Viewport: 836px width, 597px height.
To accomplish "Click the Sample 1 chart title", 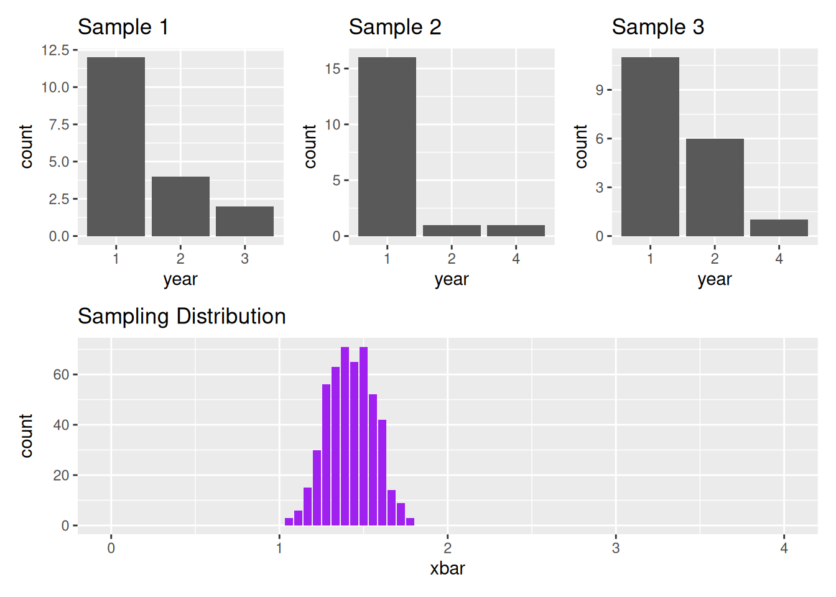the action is coord(123,27).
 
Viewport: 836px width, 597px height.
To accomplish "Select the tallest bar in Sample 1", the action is coord(116,147).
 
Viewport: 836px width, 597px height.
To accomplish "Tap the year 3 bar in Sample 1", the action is coord(245,221).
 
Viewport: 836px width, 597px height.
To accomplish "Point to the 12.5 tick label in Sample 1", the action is coord(55,50).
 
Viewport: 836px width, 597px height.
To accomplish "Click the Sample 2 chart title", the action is coord(395,27).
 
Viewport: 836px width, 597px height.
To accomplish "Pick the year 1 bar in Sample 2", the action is coord(387,147).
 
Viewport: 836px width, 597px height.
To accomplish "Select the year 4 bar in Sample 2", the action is coord(516,231).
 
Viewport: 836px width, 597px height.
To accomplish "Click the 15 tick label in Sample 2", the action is coord(333,68).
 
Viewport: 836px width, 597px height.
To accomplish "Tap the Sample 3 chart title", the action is coord(658,27).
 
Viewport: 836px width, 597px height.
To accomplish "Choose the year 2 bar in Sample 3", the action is coord(715,187).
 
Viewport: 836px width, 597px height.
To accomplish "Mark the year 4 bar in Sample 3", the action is coord(779,228).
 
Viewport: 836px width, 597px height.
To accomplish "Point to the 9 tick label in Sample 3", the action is coord(600,90).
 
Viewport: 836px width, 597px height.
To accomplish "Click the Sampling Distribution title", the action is coord(182,317).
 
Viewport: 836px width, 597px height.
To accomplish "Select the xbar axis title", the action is coord(447,568).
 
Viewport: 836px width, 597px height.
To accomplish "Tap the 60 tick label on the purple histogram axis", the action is coord(61,374).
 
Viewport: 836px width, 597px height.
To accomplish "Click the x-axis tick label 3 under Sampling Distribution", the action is coord(616,548).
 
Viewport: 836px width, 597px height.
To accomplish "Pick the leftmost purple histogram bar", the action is coord(289,522).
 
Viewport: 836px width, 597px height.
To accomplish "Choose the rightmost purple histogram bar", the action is coord(410,522).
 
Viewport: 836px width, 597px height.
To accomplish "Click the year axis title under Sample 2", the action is coord(452,279).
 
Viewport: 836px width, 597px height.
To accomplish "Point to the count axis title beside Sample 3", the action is coord(581,147).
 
